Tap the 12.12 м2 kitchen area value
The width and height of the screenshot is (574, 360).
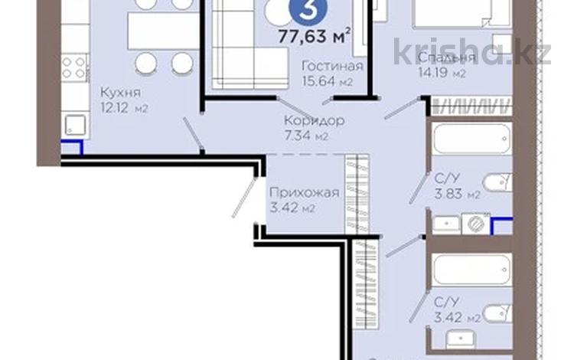[x=123, y=108]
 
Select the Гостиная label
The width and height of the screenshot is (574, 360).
[x=330, y=66]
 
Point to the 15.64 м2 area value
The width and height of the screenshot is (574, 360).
[x=330, y=81]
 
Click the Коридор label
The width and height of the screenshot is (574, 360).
[x=313, y=120]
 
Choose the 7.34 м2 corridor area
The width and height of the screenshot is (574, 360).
[x=305, y=136]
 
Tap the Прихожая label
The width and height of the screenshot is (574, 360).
[x=304, y=192]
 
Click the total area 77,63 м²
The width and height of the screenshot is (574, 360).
[x=315, y=33]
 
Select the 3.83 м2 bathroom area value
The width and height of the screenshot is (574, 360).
[x=457, y=195]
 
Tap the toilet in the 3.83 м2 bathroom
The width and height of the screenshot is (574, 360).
[x=498, y=182]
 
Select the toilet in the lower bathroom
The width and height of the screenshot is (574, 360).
[x=498, y=311]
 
